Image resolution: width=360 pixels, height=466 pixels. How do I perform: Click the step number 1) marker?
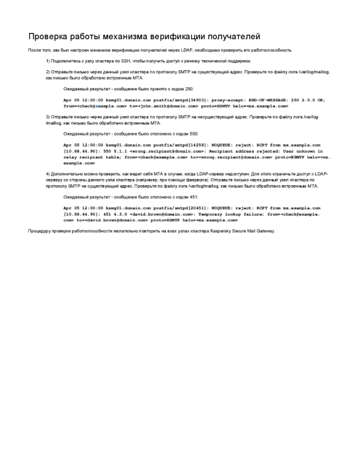tap(48, 62)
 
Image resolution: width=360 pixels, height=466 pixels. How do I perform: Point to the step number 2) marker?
tap(48, 73)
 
